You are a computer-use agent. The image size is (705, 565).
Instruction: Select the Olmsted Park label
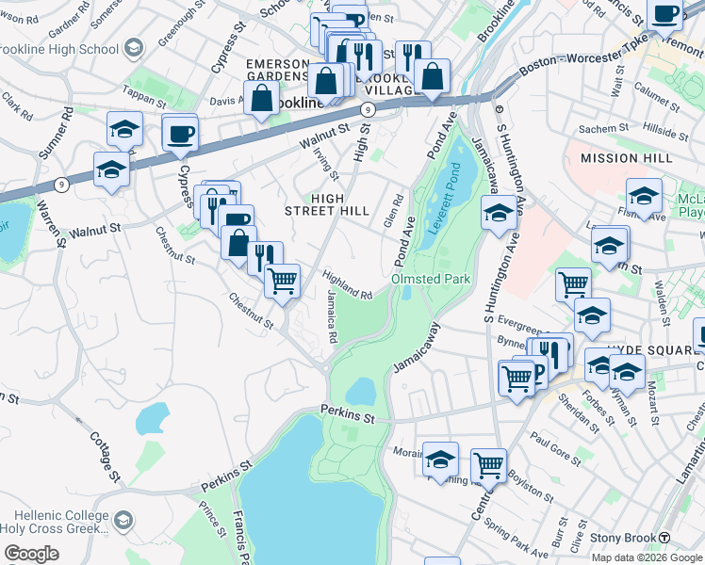pyautogui.click(x=431, y=279)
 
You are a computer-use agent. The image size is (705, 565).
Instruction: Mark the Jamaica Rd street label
pyautogui.click(x=332, y=315)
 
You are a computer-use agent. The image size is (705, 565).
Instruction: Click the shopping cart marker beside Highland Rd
pyautogui.click(x=283, y=280)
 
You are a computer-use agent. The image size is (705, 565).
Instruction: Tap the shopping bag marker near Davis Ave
pyautogui.click(x=259, y=97)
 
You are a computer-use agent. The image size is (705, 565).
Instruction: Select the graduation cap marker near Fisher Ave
pyautogui.click(x=644, y=196)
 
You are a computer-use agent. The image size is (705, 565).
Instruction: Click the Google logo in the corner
pyautogui.click(x=32, y=553)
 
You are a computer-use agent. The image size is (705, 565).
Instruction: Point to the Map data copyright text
pyautogui.click(x=646, y=557)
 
